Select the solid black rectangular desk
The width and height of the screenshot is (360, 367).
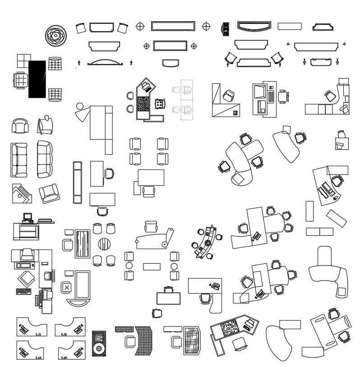pos(37,79)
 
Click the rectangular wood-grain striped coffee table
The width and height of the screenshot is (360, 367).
pos(83,244)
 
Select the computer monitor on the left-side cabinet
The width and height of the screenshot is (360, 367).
pos(28,217)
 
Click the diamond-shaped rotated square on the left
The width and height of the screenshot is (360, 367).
pos(27,278)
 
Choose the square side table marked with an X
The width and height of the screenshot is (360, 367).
pos(67,287)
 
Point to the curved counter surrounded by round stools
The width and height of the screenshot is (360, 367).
pos(208,243)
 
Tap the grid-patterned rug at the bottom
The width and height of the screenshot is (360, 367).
pos(191,339)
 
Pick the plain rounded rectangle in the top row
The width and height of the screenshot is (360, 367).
pos(290,26)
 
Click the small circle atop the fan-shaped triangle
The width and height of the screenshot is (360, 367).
pos(80,106)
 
